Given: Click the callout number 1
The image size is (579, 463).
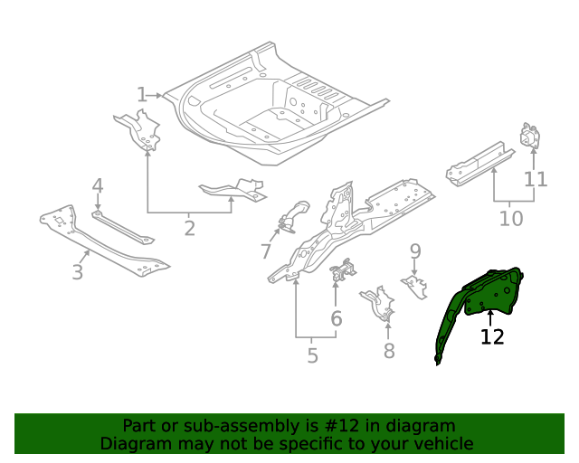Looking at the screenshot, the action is coord(142,95).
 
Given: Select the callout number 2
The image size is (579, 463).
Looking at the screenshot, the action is coord(189,228).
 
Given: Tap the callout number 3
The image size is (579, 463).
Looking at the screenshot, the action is coord(77,272).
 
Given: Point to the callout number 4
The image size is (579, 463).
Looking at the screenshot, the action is coord(98,185).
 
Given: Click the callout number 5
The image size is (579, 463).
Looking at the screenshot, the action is coord(312,355).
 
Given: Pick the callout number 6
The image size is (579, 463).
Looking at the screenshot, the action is coord(336,318).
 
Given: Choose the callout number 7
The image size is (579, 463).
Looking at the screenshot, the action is coord(266,251).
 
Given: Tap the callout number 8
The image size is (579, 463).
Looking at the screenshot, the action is coord(389,351).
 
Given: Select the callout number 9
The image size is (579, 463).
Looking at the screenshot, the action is coord(415,251).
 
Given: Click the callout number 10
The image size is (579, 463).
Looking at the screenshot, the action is coord(511,218).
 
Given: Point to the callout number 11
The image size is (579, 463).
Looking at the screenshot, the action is coord(536,179).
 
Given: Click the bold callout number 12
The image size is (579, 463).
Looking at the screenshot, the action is coord(492,336).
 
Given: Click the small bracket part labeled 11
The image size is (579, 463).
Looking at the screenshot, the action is coord(530,136).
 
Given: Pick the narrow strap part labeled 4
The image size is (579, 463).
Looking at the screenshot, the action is coord(123,227).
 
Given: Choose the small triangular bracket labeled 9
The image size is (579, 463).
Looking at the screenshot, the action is coord(415,287).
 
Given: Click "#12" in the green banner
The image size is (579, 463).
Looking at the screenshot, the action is coord(341,426).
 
